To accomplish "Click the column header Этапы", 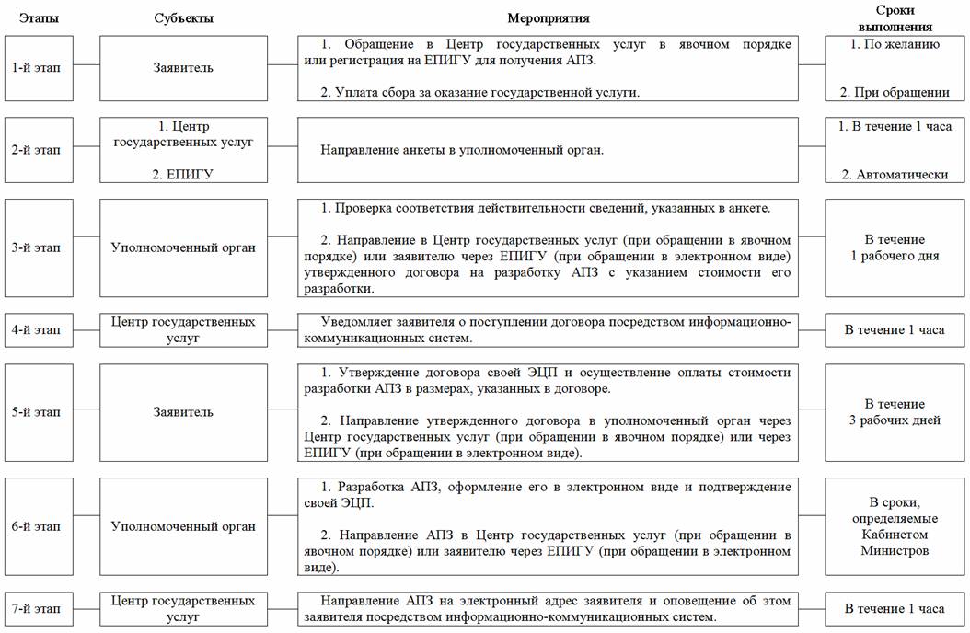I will coord(38,18).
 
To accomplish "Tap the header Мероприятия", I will coord(549,18).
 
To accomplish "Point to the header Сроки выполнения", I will coord(895,19).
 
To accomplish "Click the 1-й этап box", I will coord(38,68).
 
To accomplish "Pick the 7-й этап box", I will coord(38,609).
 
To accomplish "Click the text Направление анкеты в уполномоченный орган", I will coord(462,150).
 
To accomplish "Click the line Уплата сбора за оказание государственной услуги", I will coord(479,92).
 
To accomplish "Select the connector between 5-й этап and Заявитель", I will coord(86,412).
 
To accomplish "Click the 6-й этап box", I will coord(38,527).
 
